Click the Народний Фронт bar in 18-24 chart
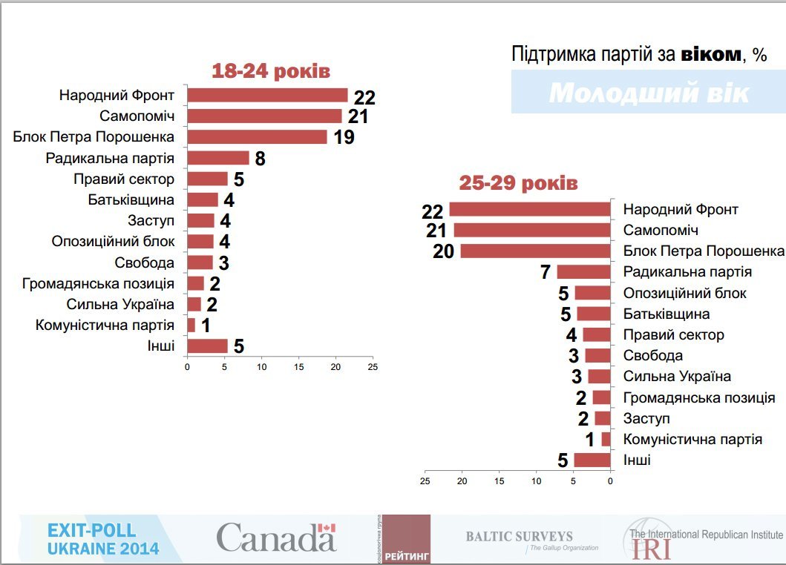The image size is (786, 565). pyautogui.click(x=267, y=95)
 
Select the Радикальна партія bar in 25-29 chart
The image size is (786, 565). pyautogui.click(x=583, y=272)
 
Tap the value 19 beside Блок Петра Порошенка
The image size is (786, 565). pyautogui.click(x=344, y=137)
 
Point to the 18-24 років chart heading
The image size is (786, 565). pyautogui.click(x=270, y=71)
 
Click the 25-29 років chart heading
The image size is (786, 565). pyautogui.click(x=518, y=183)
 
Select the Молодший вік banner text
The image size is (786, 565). pyautogui.click(x=649, y=93)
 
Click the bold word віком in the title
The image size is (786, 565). pyautogui.click(x=710, y=54)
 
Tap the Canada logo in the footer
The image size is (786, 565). pyautogui.click(x=276, y=538)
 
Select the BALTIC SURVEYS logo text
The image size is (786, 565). pyautogui.click(x=520, y=536)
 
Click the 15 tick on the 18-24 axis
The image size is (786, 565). pyautogui.click(x=298, y=367)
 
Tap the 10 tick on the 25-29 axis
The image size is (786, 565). pyautogui.click(x=536, y=480)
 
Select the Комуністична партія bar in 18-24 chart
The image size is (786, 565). pyautogui.click(x=191, y=325)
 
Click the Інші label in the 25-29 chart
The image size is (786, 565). pyautogui.click(x=637, y=460)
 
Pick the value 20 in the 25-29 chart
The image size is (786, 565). pyautogui.click(x=443, y=251)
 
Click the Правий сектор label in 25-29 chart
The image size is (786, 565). pyautogui.click(x=673, y=334)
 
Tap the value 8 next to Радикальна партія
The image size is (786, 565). pyautogui.click(x=260, y=158)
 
